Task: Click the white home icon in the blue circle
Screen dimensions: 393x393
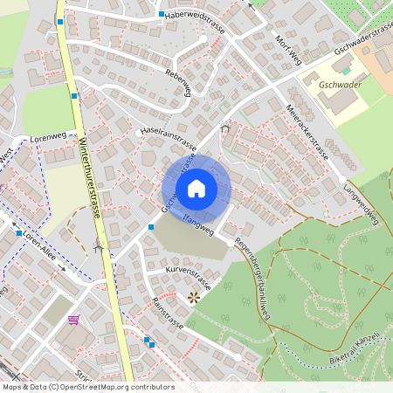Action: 196,188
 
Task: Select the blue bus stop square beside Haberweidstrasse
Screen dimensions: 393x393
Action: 162,15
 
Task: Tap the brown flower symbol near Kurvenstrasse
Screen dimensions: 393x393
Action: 193,298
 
